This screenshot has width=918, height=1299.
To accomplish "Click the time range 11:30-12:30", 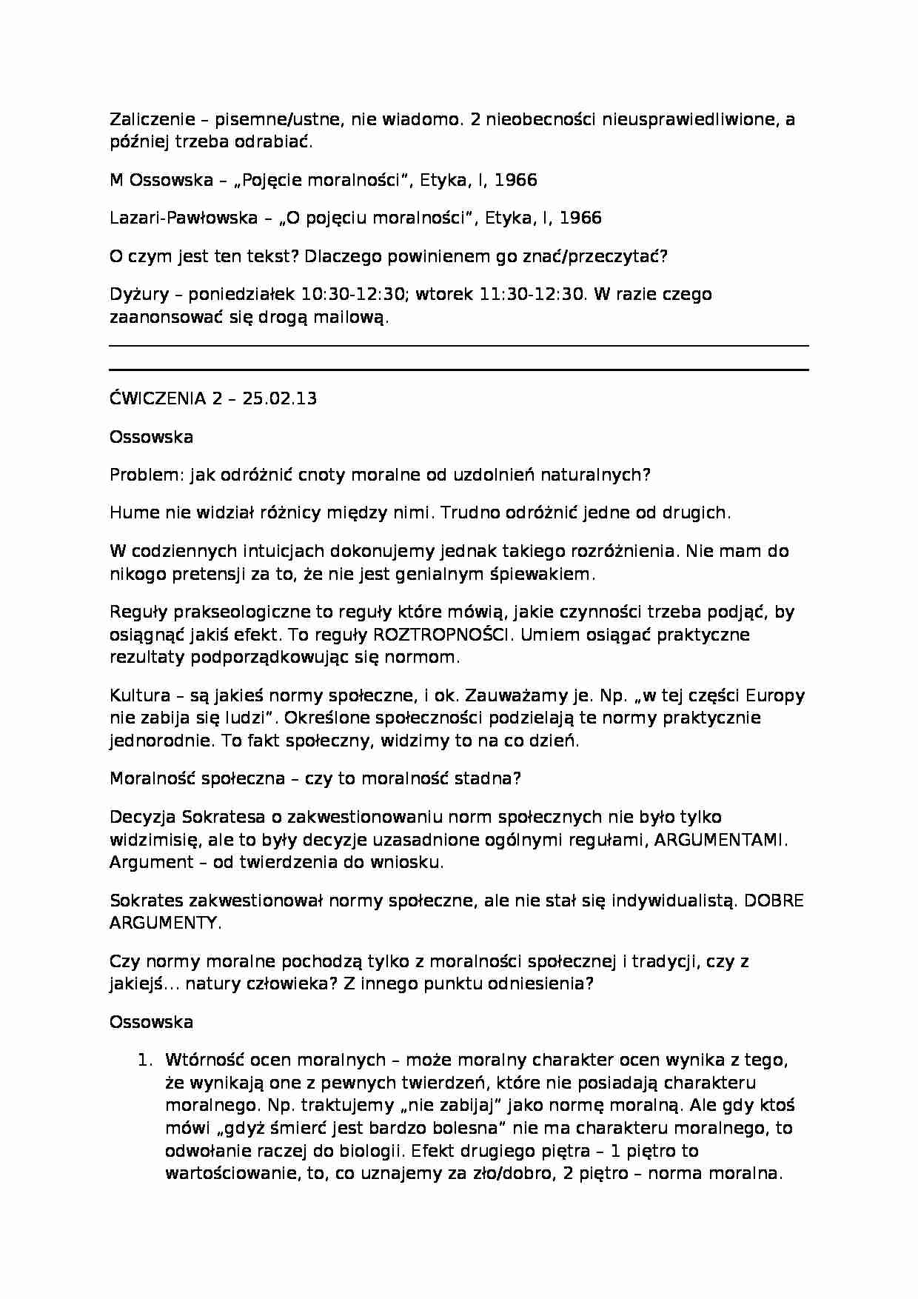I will [532, 294].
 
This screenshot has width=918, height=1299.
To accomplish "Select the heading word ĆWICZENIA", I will [157, 398].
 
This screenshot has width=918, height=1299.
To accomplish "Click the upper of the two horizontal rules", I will [459, 345].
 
